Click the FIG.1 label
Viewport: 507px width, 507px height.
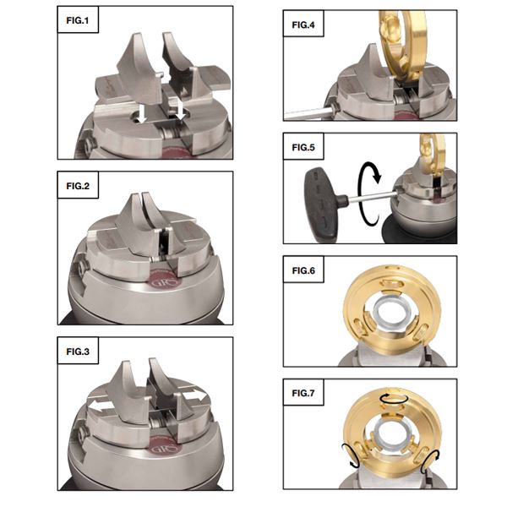(x=77, y=20)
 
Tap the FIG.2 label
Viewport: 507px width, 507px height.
(x=78, y=186)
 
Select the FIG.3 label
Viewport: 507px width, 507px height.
(x=78, y=352)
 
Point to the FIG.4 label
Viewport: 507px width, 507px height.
(x=303, y=25)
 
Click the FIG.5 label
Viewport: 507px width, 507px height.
(x=303, y=147)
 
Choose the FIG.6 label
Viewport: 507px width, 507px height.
(x=303, y=270)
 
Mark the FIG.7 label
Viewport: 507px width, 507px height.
(x=303, y=393)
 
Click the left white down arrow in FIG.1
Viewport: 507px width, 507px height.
(x=142, y=114)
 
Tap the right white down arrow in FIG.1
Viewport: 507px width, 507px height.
(x=180, y=112)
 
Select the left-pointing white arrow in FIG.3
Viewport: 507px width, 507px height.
(x=101, y=405)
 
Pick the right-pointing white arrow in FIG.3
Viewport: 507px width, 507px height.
(x=194, y=396)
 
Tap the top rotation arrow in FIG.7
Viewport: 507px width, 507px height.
(x=391, y=399)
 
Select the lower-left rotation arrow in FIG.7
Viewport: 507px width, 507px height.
(x=352, y=456)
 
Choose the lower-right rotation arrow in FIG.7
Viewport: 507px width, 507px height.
(x=430, y=461)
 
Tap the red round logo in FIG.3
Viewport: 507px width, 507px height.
(x=165, y=448)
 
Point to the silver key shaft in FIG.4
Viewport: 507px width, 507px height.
(x=308, y=114)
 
